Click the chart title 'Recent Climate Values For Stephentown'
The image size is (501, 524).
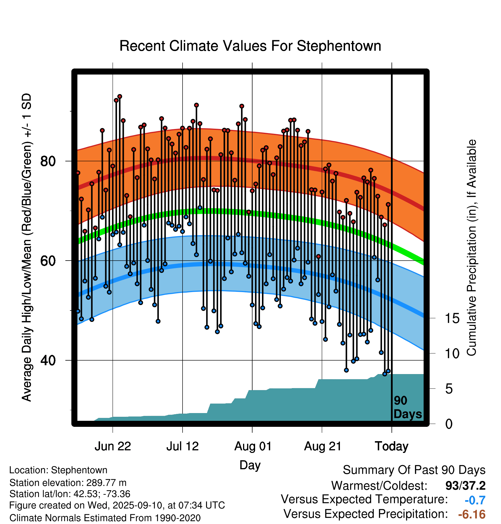click(250, 46)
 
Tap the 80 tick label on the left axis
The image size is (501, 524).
click(48, 161)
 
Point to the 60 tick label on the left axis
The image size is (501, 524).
click(48, 261)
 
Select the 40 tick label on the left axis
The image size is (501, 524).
click(48, 360)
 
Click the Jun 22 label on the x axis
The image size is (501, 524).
click(113, 446)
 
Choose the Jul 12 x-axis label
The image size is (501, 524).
click(183, 446)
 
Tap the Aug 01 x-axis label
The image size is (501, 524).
click(253, 446)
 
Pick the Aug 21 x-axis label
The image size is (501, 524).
click(322, 446)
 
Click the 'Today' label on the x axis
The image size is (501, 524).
click(392, 446)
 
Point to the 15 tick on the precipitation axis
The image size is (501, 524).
click(452, 318)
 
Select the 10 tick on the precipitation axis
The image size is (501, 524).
click(452, 354)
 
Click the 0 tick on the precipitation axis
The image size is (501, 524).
click(449, 424)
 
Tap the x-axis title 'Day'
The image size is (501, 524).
click(250, 465)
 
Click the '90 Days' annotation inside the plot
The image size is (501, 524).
click(407, 408)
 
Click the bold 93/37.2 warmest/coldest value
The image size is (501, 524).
click(465, 486)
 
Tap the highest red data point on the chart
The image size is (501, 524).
click(120, 97)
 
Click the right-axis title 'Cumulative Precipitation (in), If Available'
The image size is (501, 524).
click(471, 248)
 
